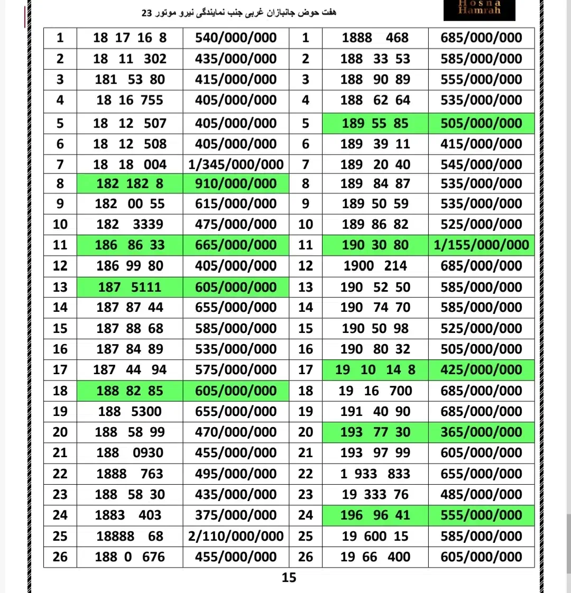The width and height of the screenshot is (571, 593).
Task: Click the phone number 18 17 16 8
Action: click(130, 38)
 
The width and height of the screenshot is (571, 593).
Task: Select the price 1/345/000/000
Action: click(236, 164)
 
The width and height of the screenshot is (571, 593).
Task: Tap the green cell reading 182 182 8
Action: click(130, 184)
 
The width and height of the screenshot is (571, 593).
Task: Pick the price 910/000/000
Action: click(236, 184)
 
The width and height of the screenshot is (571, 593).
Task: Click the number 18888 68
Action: click(130, 536)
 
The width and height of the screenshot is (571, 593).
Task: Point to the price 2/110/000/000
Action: click(236, 536)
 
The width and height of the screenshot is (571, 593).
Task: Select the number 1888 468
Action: click(375, 38)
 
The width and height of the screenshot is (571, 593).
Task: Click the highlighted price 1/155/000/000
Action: click(481, 245)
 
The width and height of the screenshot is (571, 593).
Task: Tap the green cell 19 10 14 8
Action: click(375, 369)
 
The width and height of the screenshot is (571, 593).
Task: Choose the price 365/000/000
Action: click(481, 432)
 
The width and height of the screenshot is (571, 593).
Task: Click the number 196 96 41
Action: click(375, 515)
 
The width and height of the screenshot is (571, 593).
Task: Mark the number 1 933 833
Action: click(375, 474)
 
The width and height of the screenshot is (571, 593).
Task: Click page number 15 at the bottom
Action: click(289, 578)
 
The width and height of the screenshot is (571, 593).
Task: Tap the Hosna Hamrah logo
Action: click(479, 10)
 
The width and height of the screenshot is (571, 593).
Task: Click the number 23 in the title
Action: click(147, 12)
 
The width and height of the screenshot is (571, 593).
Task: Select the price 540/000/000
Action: click(236, 38)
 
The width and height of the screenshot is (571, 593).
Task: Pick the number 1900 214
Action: click(375, 266)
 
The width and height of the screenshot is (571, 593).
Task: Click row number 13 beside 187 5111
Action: click(60, 287)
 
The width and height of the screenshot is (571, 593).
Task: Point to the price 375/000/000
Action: click(236, 515)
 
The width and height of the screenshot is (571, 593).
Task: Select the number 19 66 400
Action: click(375, 557)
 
